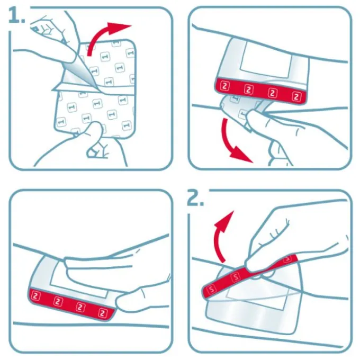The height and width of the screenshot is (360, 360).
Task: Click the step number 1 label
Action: pos(16,15)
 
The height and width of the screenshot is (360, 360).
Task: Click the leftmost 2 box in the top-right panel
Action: pos(225,86)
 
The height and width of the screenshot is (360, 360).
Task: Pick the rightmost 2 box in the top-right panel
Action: pos(296,96)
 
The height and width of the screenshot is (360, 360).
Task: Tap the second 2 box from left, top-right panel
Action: pos(249,89)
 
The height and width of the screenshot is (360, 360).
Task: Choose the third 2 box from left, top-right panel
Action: pos(273,93)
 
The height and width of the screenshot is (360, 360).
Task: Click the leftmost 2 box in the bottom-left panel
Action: pos(35,296)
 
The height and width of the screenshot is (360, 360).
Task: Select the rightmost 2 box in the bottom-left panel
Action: pos(103,313)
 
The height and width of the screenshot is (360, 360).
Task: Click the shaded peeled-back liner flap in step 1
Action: pos(79,74)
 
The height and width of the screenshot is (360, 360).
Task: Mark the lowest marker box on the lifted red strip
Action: pos(211,289)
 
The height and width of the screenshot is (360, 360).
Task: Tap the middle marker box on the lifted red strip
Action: pos(236,277)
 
